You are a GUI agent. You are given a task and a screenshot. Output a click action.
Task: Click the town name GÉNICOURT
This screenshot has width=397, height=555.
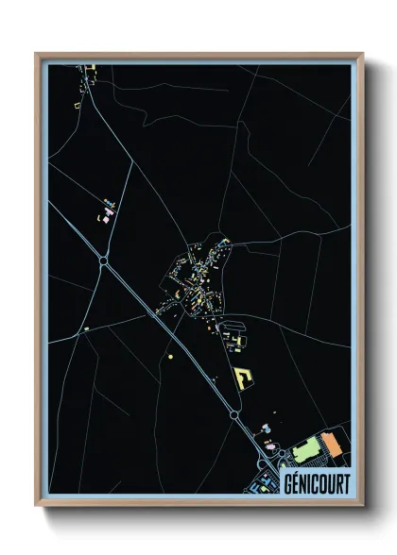[316, 482]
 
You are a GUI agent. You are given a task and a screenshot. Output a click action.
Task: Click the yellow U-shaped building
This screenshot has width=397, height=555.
[244, 376]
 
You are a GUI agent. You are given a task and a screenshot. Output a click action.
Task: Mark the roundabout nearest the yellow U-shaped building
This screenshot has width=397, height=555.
[233, 414]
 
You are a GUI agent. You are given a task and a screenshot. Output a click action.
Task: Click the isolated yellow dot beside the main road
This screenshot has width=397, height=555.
[170, 357]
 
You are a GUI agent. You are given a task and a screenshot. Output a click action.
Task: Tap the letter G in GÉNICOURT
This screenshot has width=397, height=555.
[287, 482]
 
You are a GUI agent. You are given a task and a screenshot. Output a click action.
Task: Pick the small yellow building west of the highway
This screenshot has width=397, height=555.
[86, 329]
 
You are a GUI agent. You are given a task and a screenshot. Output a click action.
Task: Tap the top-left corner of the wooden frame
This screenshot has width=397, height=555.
[36, 54]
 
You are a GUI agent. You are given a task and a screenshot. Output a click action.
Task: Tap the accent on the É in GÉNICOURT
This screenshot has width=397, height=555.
[297, 472]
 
